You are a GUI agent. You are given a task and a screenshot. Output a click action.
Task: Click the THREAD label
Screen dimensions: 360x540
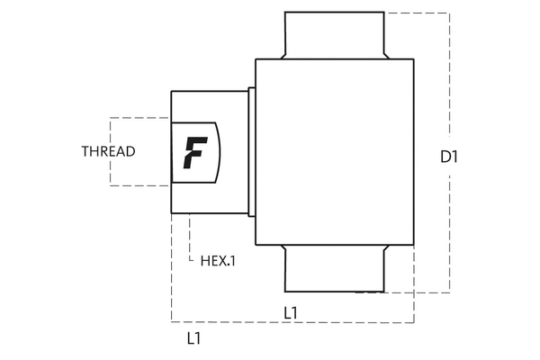click(108, 151)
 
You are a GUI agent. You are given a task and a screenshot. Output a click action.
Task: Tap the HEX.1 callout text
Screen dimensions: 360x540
click(217, 261)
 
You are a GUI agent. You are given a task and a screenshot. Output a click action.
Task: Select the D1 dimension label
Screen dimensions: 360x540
click(449, 157)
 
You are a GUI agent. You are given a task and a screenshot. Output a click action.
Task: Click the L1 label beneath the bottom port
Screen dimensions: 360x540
click(291, 312)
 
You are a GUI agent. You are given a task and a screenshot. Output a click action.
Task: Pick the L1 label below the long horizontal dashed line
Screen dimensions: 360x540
click(193, 339)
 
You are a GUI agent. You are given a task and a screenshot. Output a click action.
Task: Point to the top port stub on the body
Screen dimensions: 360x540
click(334, 35)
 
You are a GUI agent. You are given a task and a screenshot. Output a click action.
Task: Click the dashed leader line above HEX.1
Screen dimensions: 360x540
click(190, 236)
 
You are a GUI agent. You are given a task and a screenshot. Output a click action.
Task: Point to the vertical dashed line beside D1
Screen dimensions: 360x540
click(448, 90)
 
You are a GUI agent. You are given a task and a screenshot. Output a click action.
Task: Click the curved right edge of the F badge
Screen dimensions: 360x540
click(218, 151)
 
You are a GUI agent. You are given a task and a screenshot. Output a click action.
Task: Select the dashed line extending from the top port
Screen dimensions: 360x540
click(416, 13)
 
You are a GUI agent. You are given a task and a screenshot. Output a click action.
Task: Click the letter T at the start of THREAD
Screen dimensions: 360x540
click(85, 151)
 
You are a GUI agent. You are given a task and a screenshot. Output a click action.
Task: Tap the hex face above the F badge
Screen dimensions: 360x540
click(209, 105)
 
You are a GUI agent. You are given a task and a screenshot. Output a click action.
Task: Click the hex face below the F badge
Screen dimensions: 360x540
click(209, 198)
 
